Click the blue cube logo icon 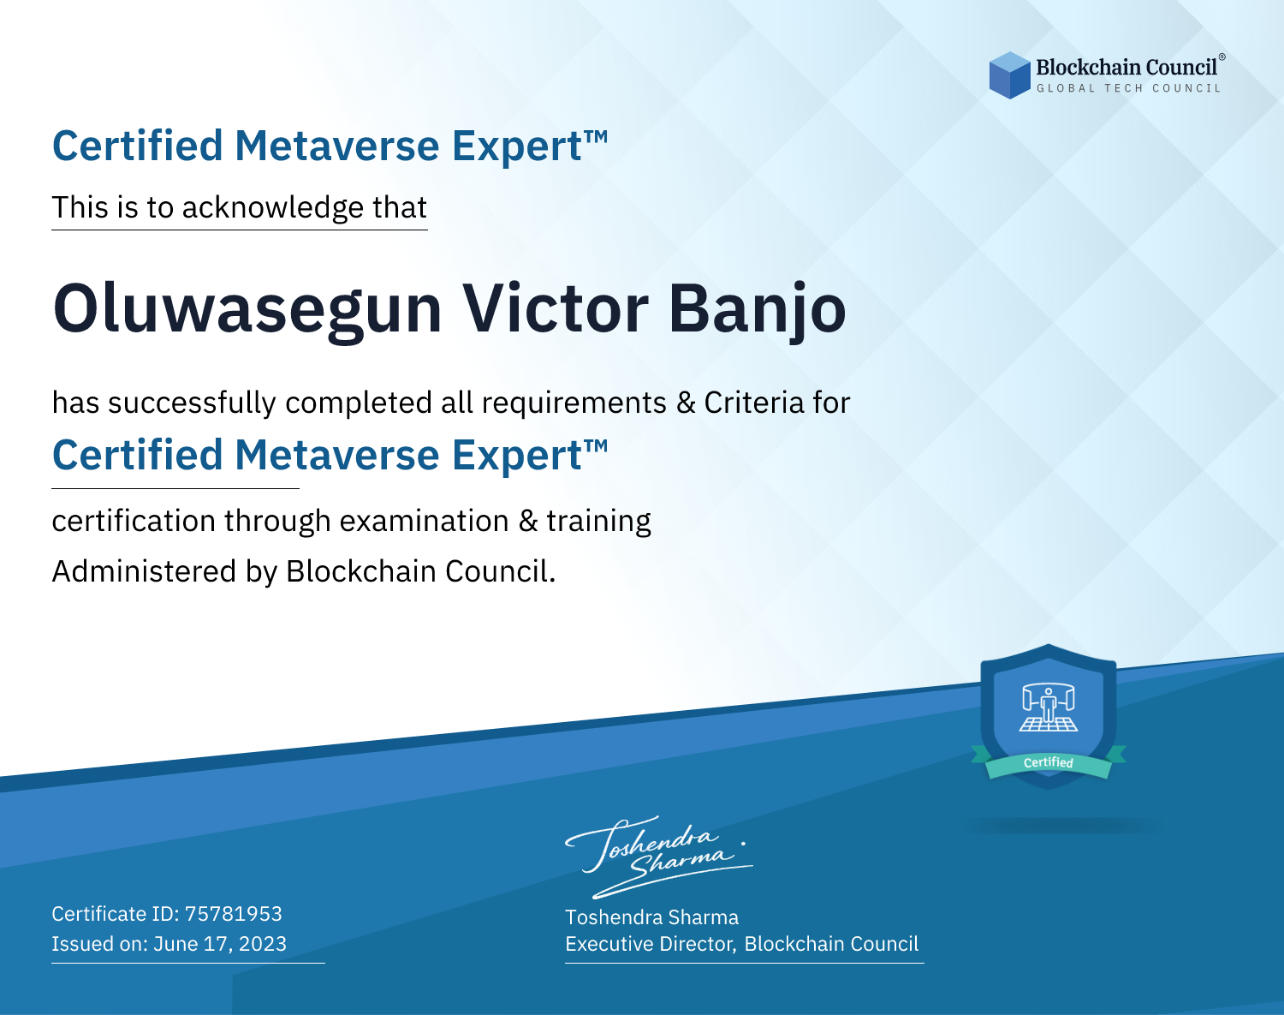click(x=1009, y=75)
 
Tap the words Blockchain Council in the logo click(x=1126, y=68)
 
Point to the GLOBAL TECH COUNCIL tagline click(x=1128, y=88)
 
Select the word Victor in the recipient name click(x=556, y=307)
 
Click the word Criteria click(x=754, y=403)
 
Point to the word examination click(x=425, y=521)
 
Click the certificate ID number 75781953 click(x=234, y=913)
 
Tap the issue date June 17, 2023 click(x=220, y=944)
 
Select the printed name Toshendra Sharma click(x=651, y=917)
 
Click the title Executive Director click(x=649, y=944)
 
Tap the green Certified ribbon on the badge click(x=1049, y=764)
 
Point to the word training click(x=599, y=522)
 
